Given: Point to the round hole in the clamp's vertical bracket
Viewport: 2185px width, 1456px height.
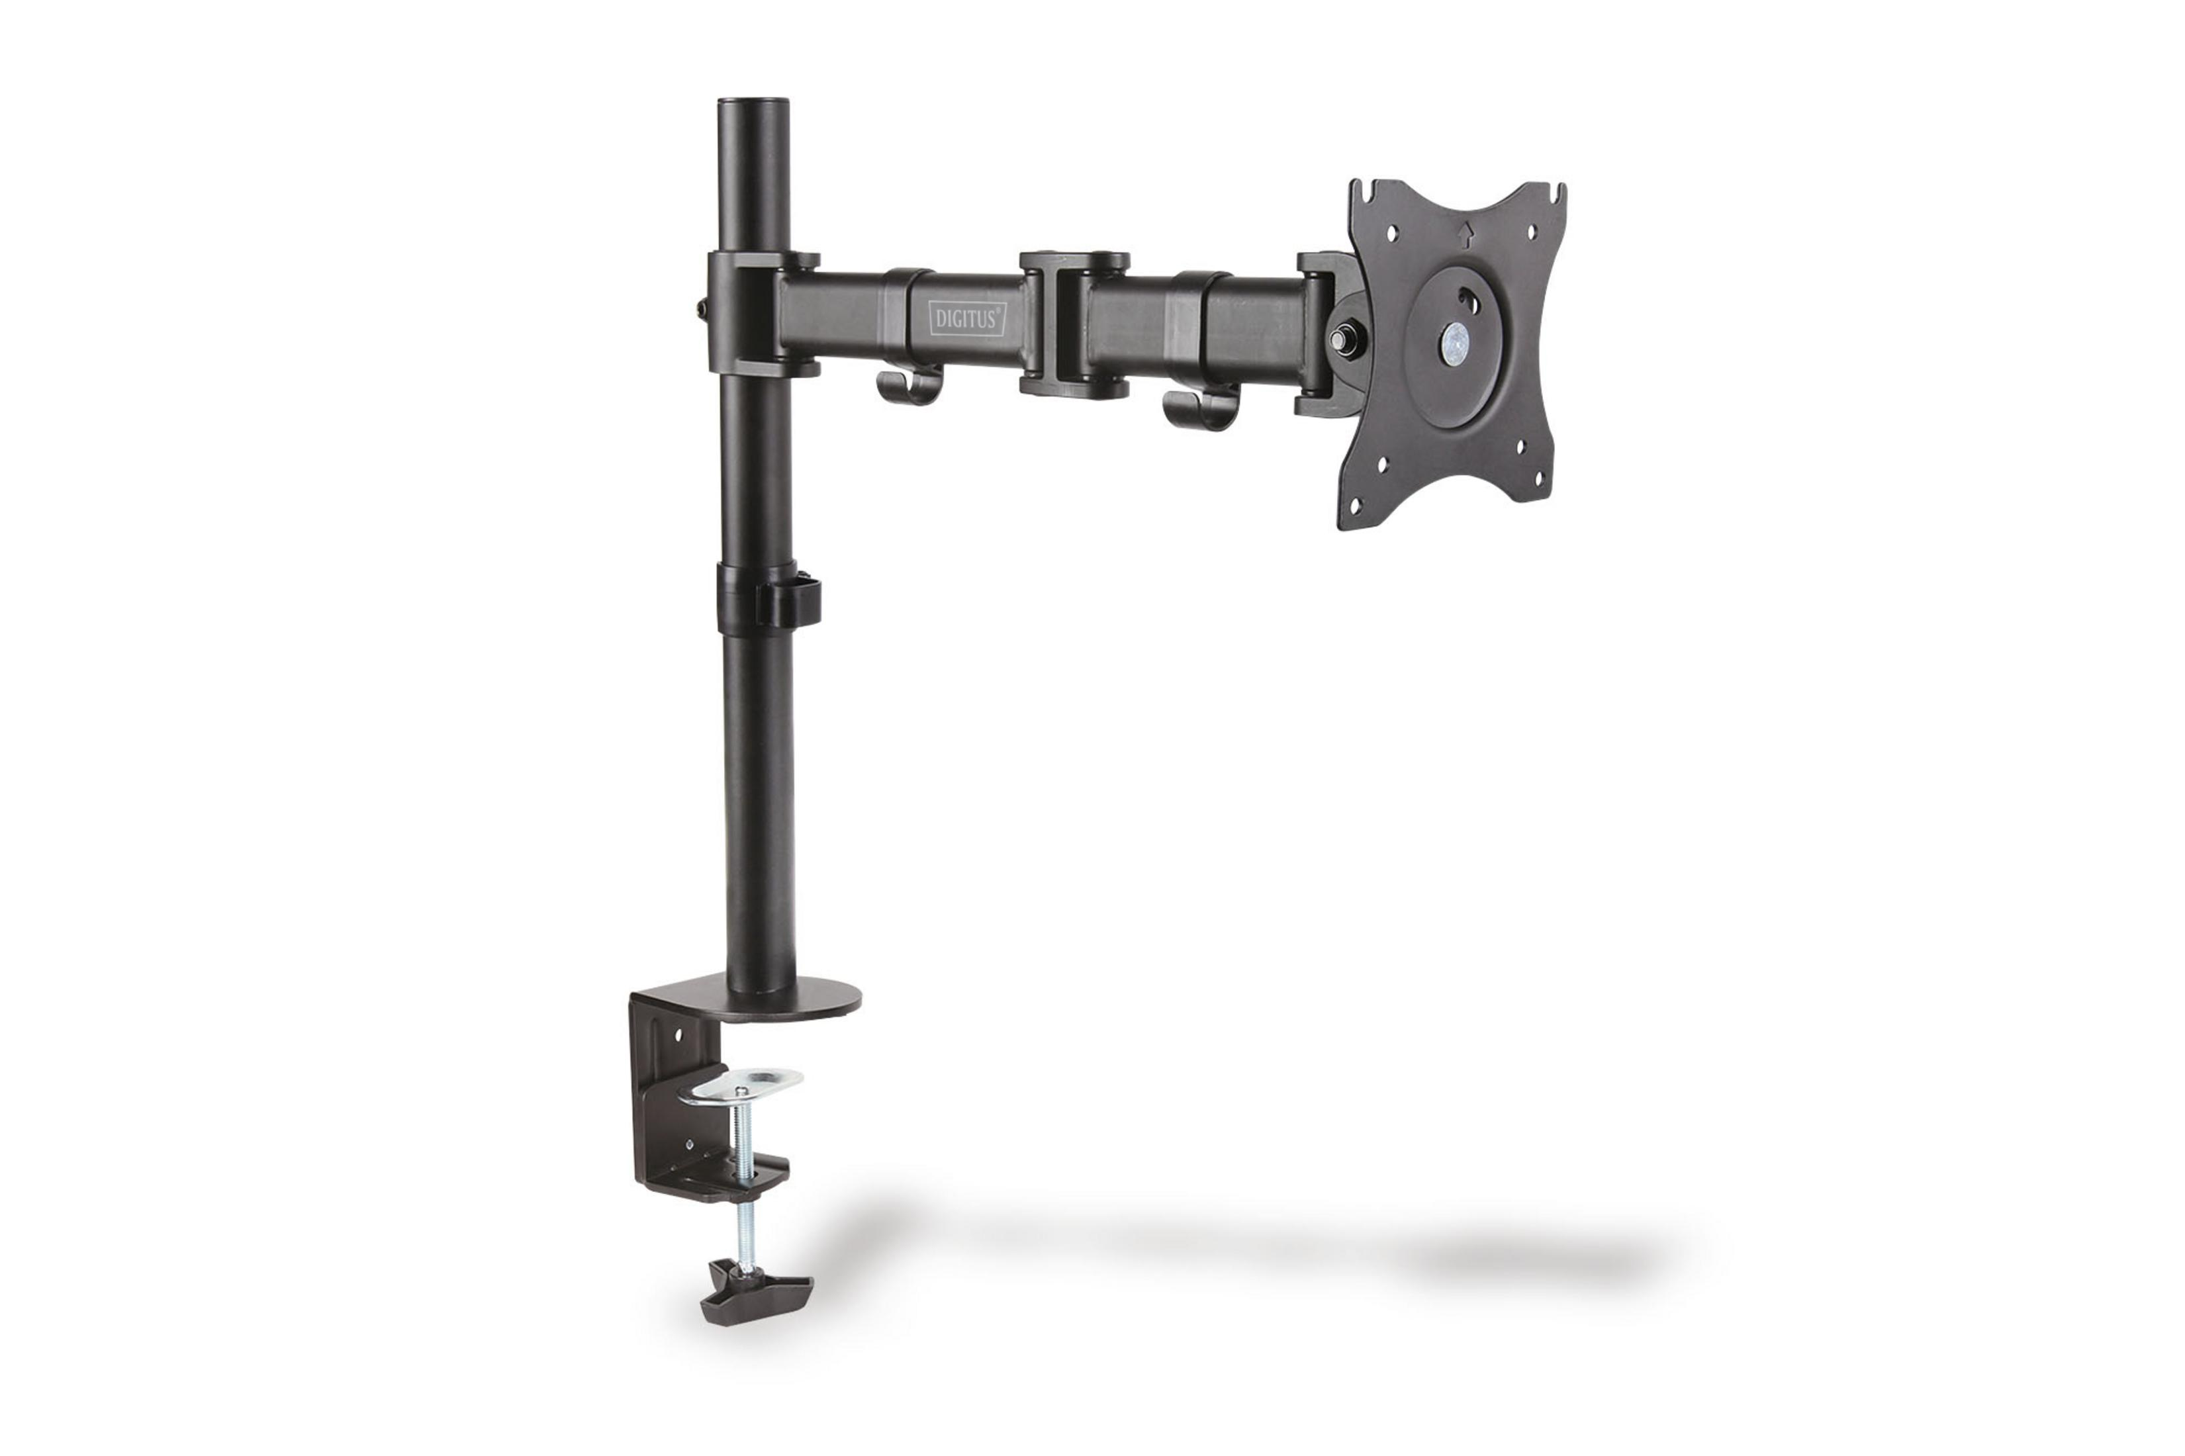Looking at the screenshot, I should (679, 1032).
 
